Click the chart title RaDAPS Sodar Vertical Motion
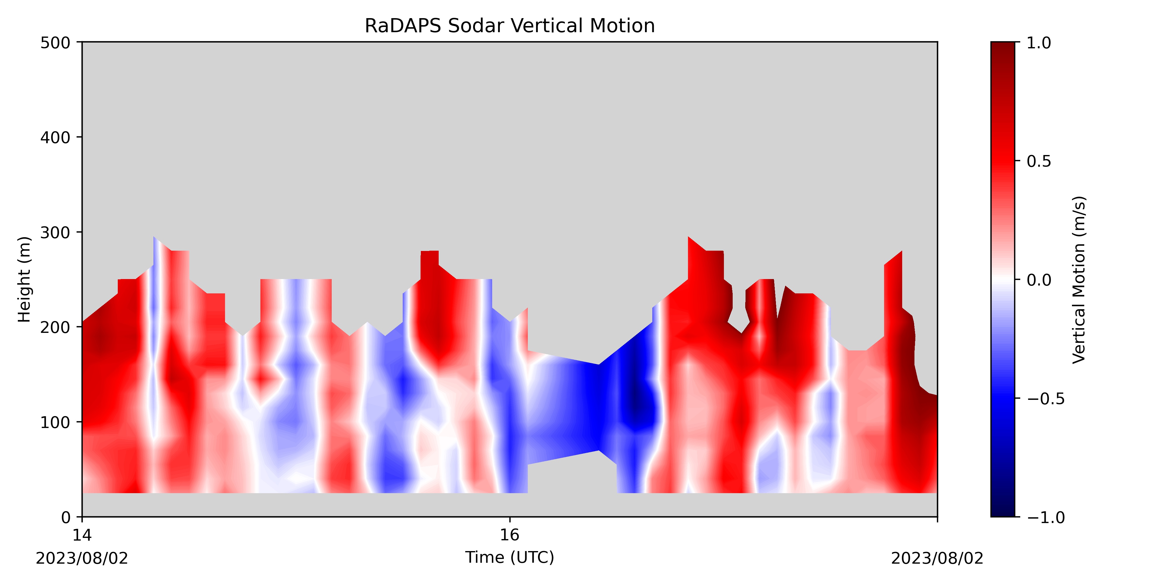tap(510, 26)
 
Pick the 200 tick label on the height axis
tap(55, 328)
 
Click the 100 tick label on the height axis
tap(55, 422)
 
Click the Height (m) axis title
tap(25, 279)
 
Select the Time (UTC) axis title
tap(510, 557)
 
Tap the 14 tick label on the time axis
tap(82, 535)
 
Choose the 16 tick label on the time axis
tap(510, 535)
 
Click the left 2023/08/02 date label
tap(82, 558)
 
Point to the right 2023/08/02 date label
tap(937, 558)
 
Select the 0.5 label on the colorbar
tap(1039, 161)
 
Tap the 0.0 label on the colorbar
tap(1039, 280)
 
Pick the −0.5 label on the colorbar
tap(1045, 399)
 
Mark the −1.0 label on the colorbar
tap(1045, 517)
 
